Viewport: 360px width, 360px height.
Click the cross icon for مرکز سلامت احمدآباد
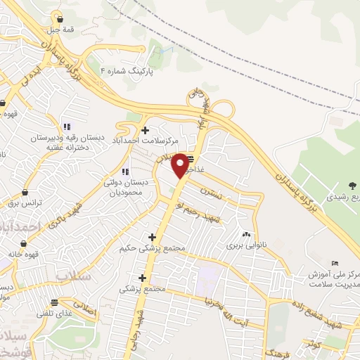[x=145, y=130]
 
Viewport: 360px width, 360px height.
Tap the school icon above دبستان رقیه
[x=65, y=127]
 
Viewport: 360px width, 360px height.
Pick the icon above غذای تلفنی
[x=55, y=303]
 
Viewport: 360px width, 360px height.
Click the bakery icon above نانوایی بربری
[x=246, y=235]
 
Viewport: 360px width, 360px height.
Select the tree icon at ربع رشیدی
[x=351, y=185]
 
